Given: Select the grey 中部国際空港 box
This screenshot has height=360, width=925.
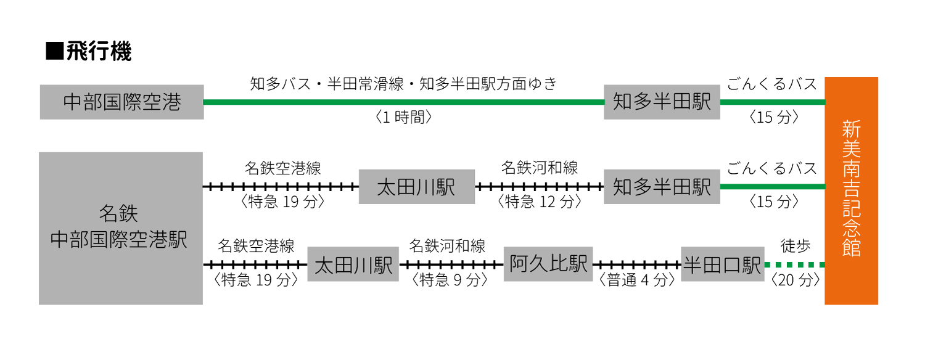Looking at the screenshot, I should click(x=121, y=102).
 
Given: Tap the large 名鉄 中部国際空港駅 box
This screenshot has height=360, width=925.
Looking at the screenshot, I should click(x=121, y=228).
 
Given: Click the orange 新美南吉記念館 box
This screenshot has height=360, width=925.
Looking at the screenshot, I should click(x=851, y=190).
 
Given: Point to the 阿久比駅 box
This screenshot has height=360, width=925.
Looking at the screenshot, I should click(x=548, y=264).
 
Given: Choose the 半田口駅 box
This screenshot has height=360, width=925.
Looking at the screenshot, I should click(x=722, y=264).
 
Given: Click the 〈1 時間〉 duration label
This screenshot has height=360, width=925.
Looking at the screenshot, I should click(x=403, y=118).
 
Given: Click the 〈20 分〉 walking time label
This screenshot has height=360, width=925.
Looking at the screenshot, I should click(x=795, y=280).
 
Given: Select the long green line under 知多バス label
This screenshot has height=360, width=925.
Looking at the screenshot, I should click(x=403, y=102).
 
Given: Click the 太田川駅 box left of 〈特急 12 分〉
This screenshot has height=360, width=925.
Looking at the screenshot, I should click(x=416, y=187).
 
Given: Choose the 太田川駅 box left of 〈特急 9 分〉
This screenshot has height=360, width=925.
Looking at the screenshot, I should click(x=353, y=264).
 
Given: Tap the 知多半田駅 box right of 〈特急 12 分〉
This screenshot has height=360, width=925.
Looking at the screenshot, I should click(x=662, y=187).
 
